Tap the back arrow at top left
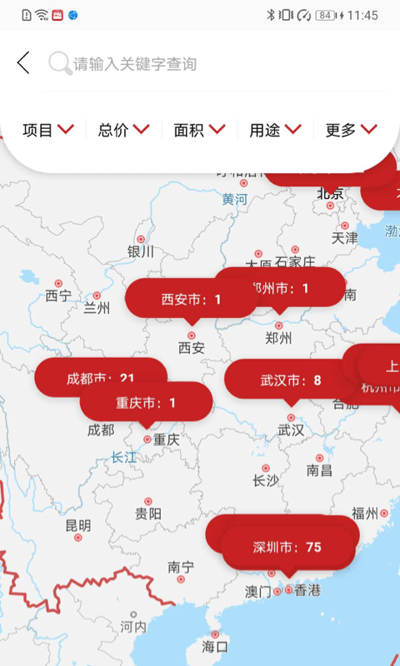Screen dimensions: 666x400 tap(23, 62)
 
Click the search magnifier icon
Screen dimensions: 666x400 tap(59, 63)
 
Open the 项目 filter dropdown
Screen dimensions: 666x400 tap(48, 130)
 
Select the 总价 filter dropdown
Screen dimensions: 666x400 tap(124, 130)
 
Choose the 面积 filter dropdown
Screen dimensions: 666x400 tap(200, 130)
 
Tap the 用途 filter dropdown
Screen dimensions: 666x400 tap(275, 130)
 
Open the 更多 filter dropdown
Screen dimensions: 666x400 tap(351, 130)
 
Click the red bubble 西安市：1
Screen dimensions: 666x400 tap(191, 299)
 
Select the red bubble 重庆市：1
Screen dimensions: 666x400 tap(146, 403)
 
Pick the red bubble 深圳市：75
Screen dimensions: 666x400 tap(287, 547)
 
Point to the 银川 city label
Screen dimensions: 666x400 tap(141, 251)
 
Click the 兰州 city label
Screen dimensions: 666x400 tap(97, 308)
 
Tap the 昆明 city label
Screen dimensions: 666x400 tap(78, 525)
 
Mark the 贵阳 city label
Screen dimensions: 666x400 tap(148, 514)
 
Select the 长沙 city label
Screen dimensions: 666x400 tap(266, 480)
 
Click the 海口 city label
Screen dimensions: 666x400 tap(215, 646)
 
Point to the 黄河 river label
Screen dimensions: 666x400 tap(235, 200)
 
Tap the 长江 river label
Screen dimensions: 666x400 tap(124, 457)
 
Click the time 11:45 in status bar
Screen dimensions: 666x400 tap(362, 15)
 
